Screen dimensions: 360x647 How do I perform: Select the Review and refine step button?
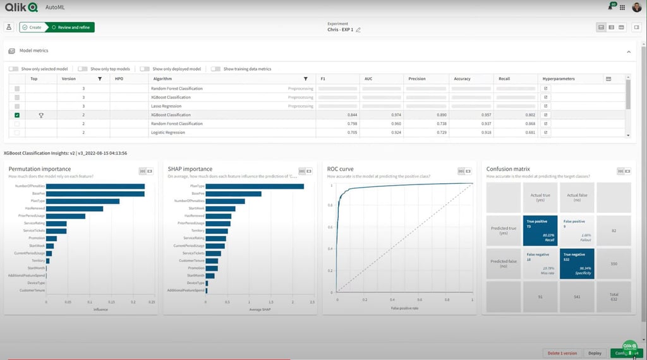[70, 27]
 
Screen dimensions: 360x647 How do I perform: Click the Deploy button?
[595, 353]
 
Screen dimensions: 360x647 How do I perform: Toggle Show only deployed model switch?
[145, 69]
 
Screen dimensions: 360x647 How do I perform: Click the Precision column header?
[417, 79]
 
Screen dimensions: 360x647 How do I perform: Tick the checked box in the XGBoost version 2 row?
[17, 115]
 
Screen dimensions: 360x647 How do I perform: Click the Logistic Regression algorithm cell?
[168, 133]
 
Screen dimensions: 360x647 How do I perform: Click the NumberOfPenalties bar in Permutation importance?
[95, 186]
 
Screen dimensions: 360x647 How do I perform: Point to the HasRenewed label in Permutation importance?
[35, 208]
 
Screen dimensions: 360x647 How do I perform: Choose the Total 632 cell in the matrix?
[613, 297]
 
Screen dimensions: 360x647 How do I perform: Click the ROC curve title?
[340, 169]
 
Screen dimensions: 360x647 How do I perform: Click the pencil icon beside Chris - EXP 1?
[358, 30]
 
